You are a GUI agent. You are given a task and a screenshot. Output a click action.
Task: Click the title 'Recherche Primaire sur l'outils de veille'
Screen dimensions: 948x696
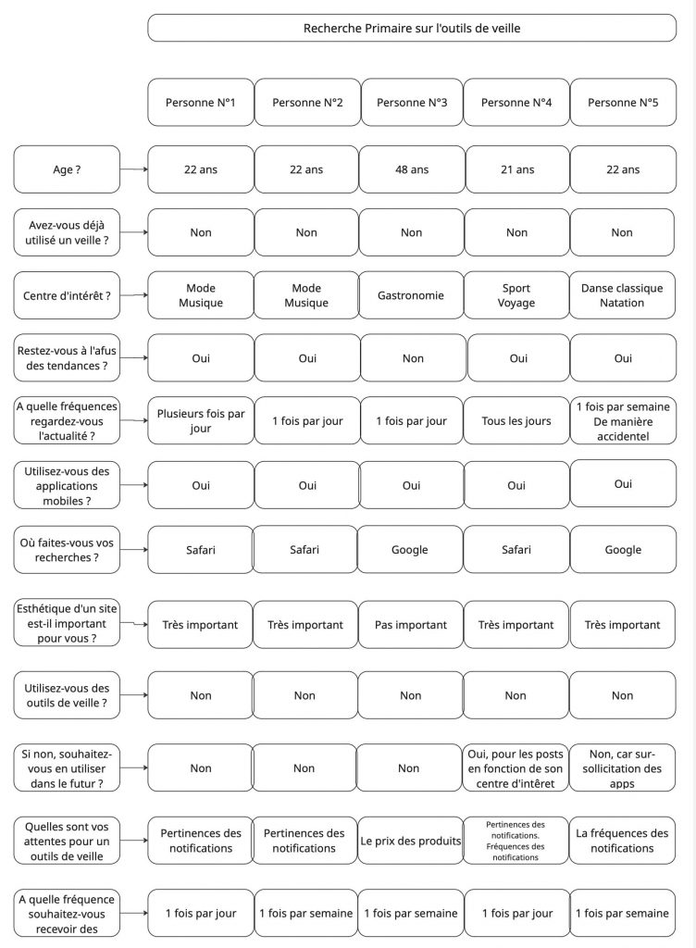coord(412,28)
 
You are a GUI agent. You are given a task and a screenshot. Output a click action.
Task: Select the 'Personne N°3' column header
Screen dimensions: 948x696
coord(412,103)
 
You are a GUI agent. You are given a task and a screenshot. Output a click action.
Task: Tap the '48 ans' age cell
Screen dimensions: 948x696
coord(412,169)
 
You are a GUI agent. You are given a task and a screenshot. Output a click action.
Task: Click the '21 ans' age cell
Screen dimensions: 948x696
coord(517,169)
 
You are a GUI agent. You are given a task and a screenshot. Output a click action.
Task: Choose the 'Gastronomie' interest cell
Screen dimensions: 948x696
coord(411,295)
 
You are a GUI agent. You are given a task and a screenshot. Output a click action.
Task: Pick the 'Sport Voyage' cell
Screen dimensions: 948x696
coord(516,295)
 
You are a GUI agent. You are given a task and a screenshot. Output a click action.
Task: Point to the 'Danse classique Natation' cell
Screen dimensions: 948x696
coord(622,295)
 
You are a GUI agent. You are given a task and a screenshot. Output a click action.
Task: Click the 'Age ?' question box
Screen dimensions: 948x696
coord(67,169)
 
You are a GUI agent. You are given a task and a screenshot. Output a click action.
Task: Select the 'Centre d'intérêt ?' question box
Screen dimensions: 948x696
coord(67,295)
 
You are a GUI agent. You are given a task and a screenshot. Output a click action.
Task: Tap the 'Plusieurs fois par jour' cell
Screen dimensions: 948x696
coord(201,421)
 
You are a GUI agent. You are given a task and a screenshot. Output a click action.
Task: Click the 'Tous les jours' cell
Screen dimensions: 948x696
coord(517,421)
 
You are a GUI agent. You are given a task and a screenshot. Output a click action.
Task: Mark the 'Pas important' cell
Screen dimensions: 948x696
coord(410,625)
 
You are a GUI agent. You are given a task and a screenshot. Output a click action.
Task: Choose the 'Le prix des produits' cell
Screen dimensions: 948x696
coord(411,841)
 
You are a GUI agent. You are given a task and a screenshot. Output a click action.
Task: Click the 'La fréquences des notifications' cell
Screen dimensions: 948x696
coord(622,841)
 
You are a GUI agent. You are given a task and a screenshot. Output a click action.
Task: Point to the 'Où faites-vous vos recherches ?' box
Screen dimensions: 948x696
coord(67,549)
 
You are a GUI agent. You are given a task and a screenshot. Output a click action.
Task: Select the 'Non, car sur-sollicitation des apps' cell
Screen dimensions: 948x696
coord(622,768)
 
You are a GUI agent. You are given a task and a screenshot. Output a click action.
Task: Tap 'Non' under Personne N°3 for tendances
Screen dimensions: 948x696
coord(413,358)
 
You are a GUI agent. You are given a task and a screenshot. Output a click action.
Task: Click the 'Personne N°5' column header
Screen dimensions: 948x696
coord(622,103)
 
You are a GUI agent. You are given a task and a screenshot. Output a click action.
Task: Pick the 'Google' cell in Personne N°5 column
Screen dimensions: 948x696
coord(623,550)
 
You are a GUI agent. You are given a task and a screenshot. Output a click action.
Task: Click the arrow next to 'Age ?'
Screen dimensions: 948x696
coord(134,169)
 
